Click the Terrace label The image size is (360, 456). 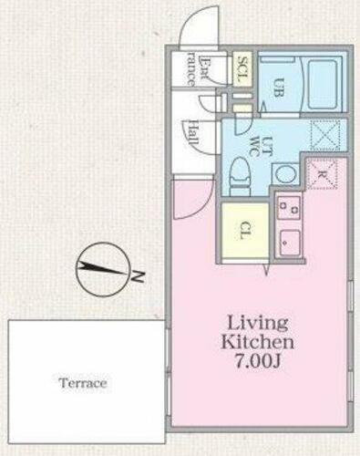pyautogui.click(x=83, y=383)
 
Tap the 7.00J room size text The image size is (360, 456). pyautogui.click(x=259, y=362)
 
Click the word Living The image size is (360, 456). pyautogui.click(x=258, y=323)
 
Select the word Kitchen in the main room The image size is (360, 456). pyautogui.click(x=258, y=343)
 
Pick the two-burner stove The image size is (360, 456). pyautogui.click(x=290, y=208)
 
